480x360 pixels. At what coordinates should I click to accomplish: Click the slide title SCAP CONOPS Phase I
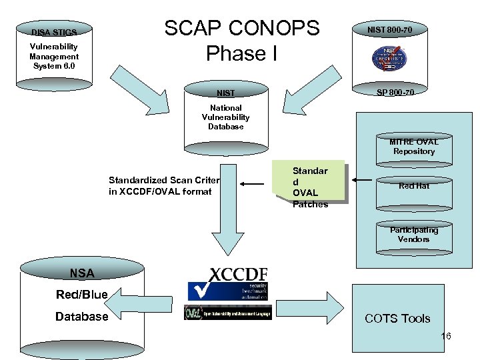point(242,40)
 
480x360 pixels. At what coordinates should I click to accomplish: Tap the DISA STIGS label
point(54,32)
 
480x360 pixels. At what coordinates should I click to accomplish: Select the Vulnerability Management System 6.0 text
point(54,56)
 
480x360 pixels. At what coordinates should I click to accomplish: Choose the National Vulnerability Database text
point(226,117)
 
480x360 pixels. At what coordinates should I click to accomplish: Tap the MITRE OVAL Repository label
point(413,146)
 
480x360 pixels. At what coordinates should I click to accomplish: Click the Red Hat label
point(414,186)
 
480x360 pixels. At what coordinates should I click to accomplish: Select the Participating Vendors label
point(414,234)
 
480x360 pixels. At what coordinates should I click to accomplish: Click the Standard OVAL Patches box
point(309,187)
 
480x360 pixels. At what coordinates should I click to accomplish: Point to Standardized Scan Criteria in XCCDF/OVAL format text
point(164,186)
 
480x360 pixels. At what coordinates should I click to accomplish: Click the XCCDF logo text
point(239,274)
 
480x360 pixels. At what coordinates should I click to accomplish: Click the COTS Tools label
point(397,319)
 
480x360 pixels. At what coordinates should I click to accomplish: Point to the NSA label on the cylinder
point(82,273)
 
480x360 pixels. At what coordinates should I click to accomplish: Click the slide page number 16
point(446,336)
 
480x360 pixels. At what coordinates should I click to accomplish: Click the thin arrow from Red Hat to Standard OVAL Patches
point(363,179)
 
